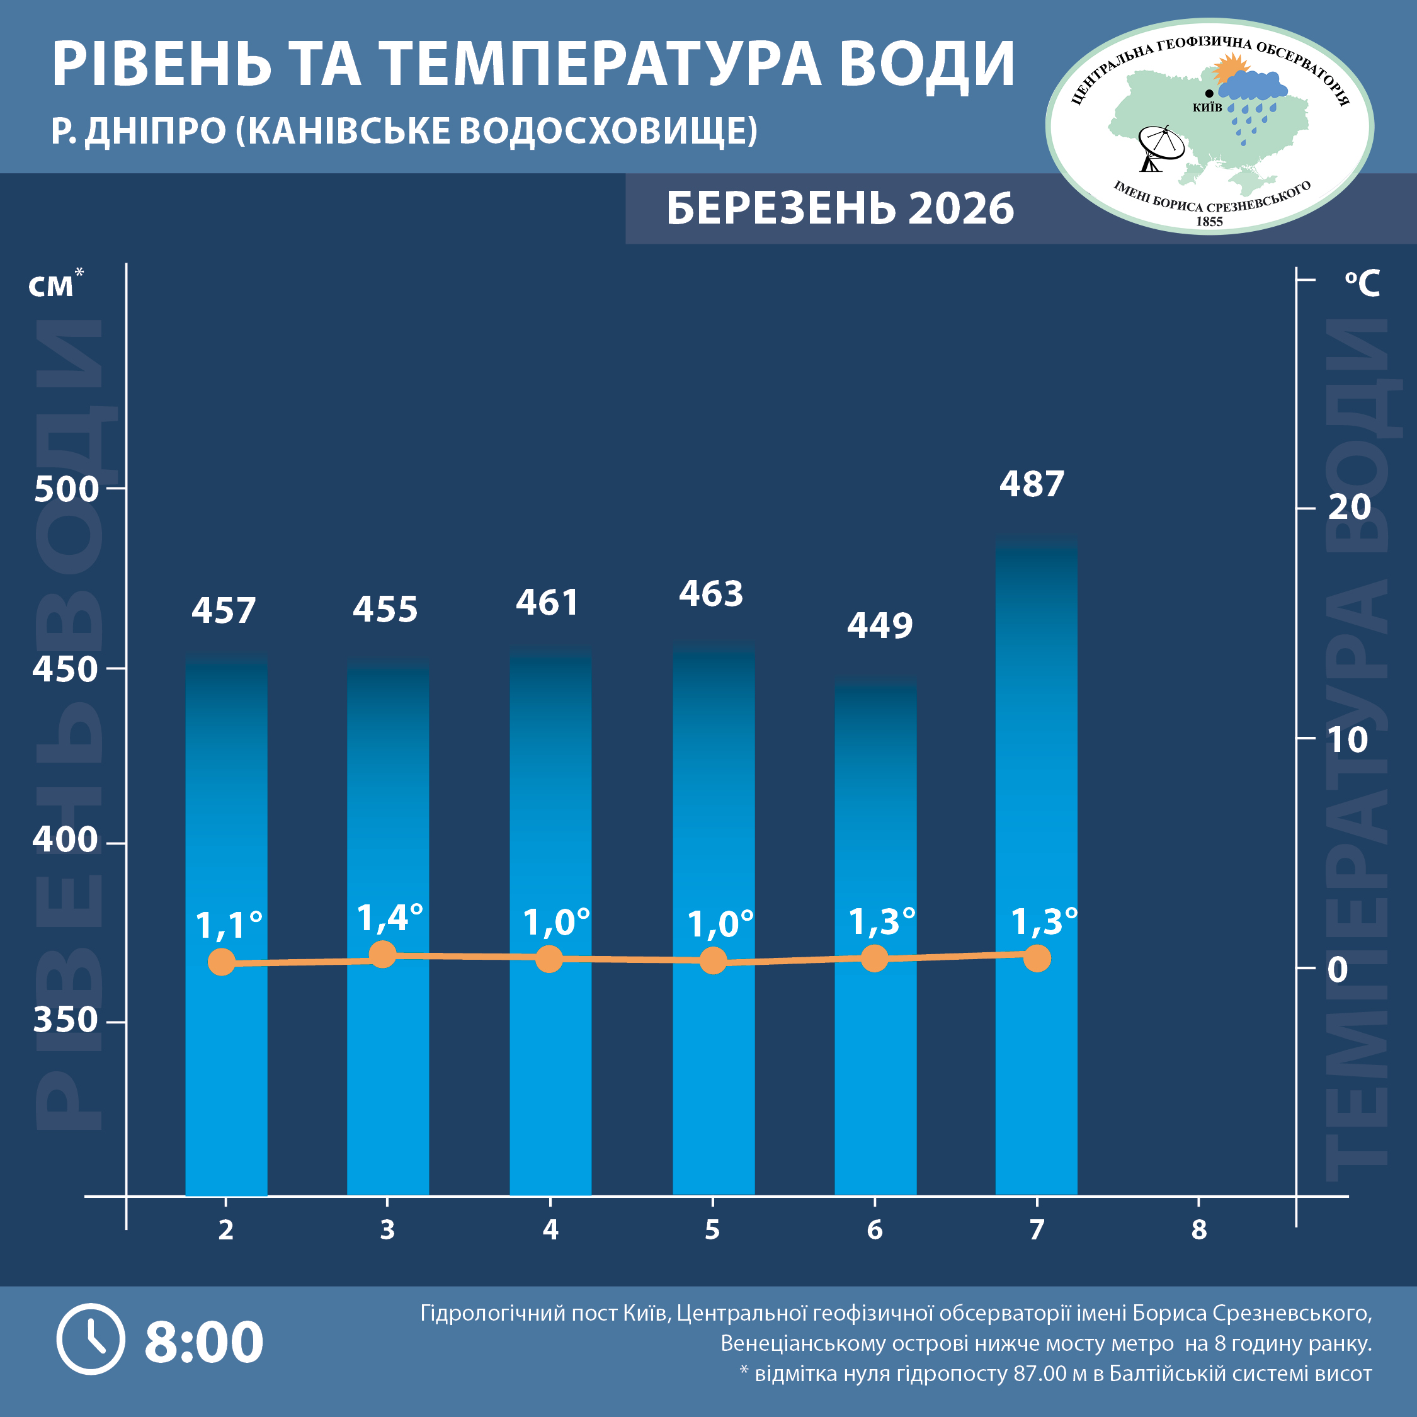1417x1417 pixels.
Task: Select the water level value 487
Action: (x=1031, y=484)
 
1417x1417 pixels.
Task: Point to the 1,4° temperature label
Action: (x=389, y=918)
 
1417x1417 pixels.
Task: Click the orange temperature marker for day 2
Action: (x=222, y=962)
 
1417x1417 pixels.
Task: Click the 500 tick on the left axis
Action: (x=66, y=489)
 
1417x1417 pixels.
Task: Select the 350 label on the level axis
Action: (x=65, y=1020)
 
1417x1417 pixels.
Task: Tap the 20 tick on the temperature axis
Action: (x=1349, y=508)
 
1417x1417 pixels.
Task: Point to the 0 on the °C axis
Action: (x=1338, y=970)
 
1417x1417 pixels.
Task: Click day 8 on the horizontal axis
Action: (x=1198, y=1230)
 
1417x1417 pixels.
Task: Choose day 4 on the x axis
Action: (x=550, y=1230)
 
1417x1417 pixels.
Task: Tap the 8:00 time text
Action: (x=204, y=1341)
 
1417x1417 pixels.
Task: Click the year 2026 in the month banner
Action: (x=961, y=209)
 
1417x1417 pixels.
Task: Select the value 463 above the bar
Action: (x=710, y=594)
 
